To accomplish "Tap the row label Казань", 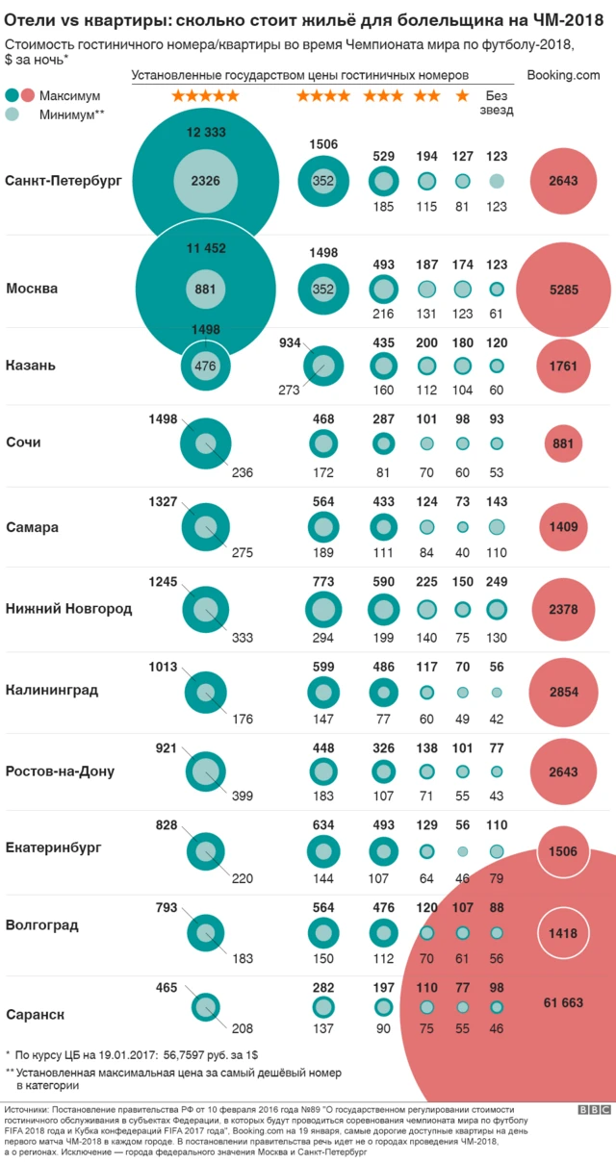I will pyautogui.click(x=31, y=366).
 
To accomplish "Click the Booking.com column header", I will pyautogui.click(x=564, y=75).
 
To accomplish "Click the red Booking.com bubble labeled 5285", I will pyautogui.click(x=563, y=288).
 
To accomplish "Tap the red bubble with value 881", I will pyautogui.click(x=563, y=443).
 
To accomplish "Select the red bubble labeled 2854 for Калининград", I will pyautogui.click(x=563, y=690).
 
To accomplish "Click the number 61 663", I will pyautogui.click(x=563, y=1002).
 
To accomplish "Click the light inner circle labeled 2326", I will pyautogui.click(x=206, y=180).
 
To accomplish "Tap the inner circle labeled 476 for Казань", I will pyautogui.click(x=205, y=366).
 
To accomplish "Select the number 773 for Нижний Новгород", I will pyautogui.click(x=323, y=582).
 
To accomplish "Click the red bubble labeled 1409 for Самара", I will pyautogui.click(x=563, y=527).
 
